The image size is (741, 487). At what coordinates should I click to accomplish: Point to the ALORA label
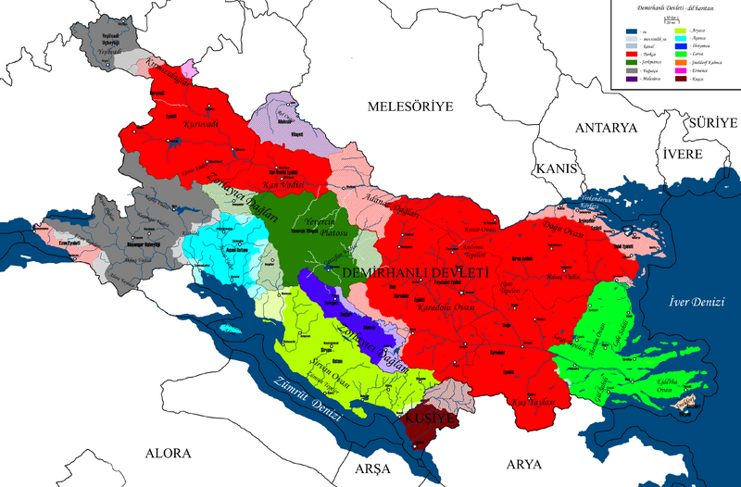click(167, 454)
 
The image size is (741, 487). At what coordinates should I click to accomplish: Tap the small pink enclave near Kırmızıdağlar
click(190, 69)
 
